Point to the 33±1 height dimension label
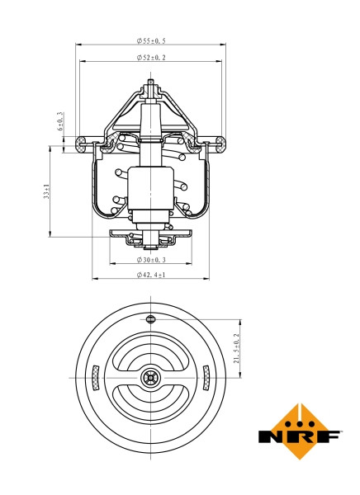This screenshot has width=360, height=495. pos(48,191)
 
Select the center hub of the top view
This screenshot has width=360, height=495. pos(150,378)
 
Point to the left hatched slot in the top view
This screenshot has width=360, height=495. pos(96,378)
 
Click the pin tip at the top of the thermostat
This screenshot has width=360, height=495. pos(150,82)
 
